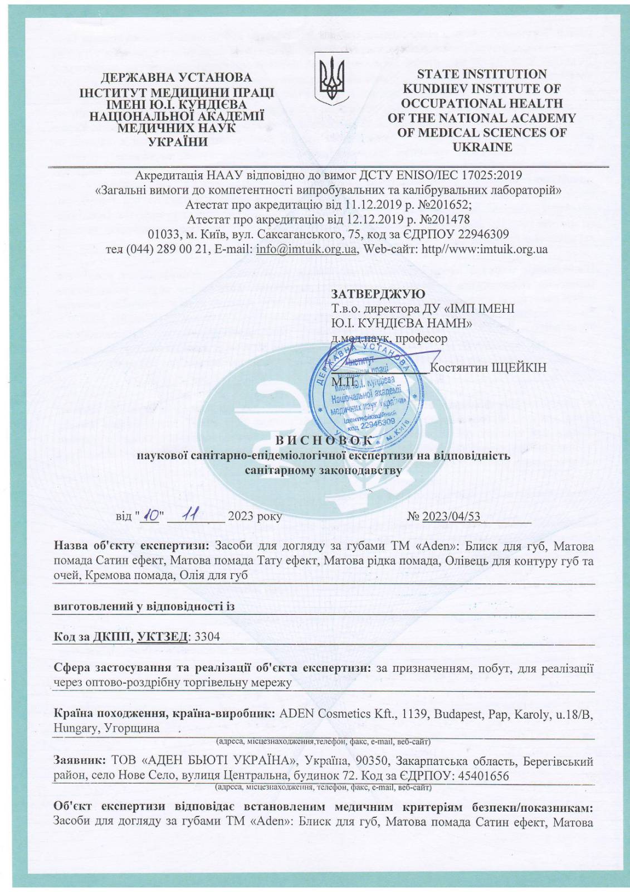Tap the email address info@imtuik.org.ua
tap(306, 249)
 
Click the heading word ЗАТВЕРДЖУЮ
tap(378, 294)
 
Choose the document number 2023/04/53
tap(451, 516)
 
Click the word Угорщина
tap(131, 728)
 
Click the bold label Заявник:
tap(80, 761)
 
